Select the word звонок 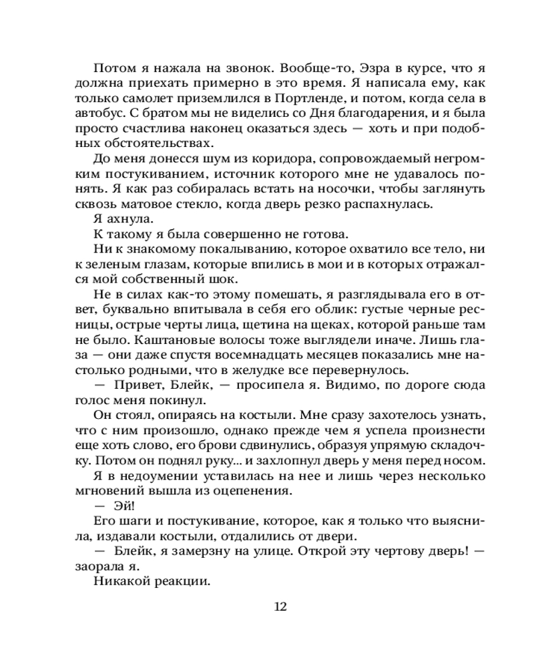240,67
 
